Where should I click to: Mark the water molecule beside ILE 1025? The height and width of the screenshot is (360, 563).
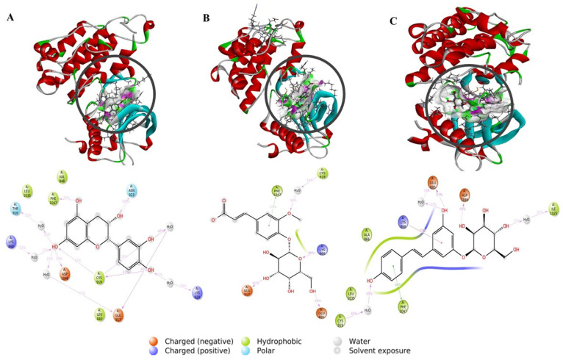(527, 219)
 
